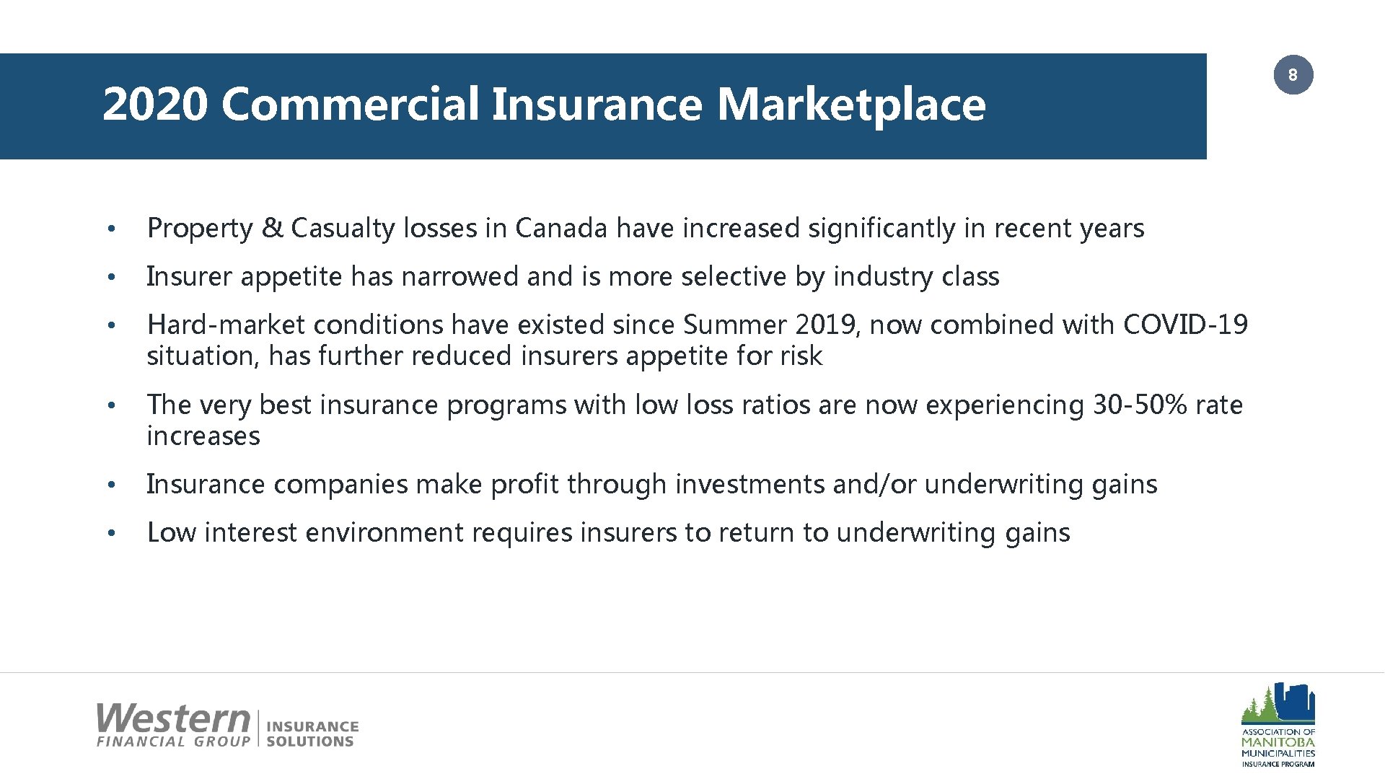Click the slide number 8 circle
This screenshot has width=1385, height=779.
point(1293,75)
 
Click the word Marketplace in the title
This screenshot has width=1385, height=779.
point(850,105)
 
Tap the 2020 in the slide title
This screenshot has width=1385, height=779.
point(154,105)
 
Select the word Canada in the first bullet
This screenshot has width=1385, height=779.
point(561,229)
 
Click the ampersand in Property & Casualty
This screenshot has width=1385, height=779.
point(272,229)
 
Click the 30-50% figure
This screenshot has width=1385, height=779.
point(1140,405)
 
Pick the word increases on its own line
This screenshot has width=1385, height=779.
point(203,436)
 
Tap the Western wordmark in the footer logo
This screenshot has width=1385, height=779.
point(173,719)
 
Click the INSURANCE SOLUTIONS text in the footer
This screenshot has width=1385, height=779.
point(312,734)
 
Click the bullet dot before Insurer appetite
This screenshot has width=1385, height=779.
point(110,278)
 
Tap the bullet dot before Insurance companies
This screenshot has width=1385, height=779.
point(110,485)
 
